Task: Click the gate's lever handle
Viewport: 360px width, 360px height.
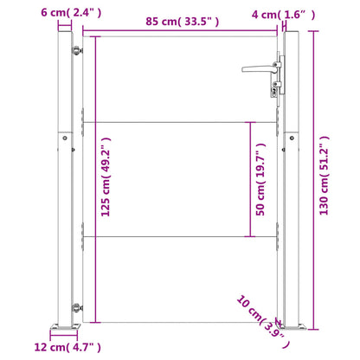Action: click(258, 66)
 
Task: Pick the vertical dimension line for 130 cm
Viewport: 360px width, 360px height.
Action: click(310, 179)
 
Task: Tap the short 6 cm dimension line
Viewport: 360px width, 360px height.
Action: click(64, 25)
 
